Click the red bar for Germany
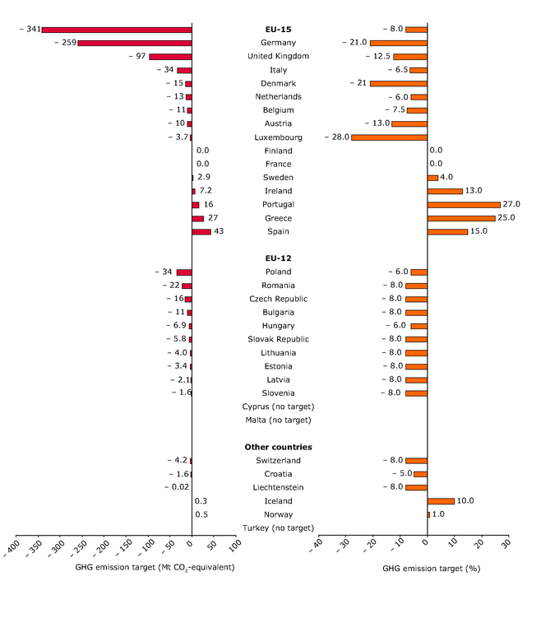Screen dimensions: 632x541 tap(135, 43)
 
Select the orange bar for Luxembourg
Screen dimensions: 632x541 tap(389, 137)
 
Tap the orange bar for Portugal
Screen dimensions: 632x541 tap(464, 204)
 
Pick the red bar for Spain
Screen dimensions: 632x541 tap(201, 231)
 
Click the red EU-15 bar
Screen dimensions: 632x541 tap(117, 30)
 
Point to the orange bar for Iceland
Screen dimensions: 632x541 tap(441, 501)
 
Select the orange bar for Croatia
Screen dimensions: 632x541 tap(420, 474)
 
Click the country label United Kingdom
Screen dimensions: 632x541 tap(278, 56)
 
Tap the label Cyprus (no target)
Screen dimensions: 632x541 tap(278, 407)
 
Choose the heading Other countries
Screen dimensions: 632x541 tap(278, 447)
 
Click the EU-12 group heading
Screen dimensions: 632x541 tap(278, 258)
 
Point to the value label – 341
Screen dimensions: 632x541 tap(30, 30)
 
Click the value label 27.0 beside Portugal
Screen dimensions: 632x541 tap(511, 204)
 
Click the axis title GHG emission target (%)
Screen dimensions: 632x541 tap(431, 569)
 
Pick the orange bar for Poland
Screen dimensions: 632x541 tap(419, 272)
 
